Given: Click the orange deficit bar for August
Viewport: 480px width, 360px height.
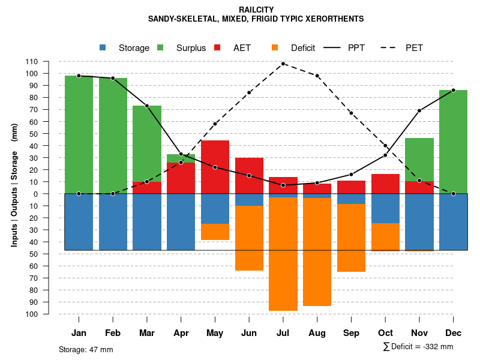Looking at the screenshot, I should click(x=317, y=252).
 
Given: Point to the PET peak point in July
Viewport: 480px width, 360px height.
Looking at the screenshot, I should click(x=283, y=64).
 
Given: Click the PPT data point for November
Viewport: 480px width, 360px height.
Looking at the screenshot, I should click(x=419, y=110).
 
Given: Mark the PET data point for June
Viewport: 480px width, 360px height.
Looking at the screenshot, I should click(x=249, y=92).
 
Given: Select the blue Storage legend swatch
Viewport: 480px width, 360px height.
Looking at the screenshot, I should click(x=103, y=48).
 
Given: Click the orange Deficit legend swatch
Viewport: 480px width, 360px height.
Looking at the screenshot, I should click(x=275, y=48).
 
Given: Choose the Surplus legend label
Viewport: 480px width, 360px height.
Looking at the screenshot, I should click(x=191, y=48).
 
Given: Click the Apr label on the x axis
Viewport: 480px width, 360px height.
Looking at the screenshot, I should click(x=181, y=333).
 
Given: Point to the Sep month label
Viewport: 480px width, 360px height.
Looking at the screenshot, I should click(x=351, y=333).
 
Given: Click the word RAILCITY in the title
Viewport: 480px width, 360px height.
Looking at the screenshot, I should click(x=256, y=10).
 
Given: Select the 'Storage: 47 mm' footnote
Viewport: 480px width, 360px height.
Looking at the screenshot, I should click(x=86, y=349).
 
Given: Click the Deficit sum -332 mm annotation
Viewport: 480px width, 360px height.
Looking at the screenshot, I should click(x=418, y=347).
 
